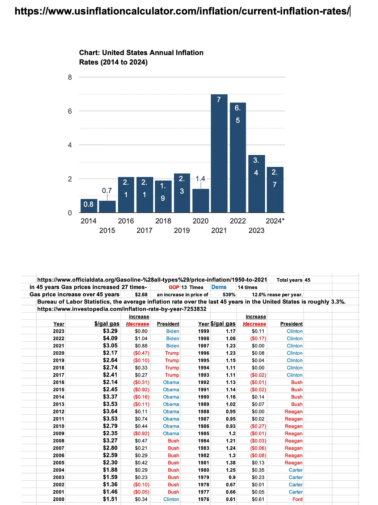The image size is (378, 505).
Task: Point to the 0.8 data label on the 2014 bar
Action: click(x=88, y=204)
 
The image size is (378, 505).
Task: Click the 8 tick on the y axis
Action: click(x=70, y=77)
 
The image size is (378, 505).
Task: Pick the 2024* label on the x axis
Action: click(x=275, y=221)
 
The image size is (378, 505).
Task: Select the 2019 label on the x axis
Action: click(x=182, y=230)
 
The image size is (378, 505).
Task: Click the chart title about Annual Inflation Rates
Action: click(x=141, y=57)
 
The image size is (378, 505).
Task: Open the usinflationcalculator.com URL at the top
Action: click(x=182, y=11)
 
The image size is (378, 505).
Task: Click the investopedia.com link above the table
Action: click(x=122, y=309)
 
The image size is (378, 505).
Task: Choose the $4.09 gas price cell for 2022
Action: click(x=110, y=338)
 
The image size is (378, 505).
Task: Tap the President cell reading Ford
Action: click(x=297, y=499)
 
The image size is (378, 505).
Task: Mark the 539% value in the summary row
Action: click(x=229, y=295)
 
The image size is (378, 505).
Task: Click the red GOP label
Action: click(x=174, y=287)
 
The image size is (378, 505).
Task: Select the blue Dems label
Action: click(x=219, y=287)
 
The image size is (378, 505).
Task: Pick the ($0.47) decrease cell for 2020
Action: click(x=141, y=353)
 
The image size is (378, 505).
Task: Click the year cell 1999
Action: click(x=203, y=331)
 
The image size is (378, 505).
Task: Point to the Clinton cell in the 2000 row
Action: click(x=171, y=499)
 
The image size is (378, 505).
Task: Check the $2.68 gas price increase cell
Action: click(x=141, y=295)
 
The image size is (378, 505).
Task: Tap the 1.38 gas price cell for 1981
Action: click(x=231, y=463)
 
